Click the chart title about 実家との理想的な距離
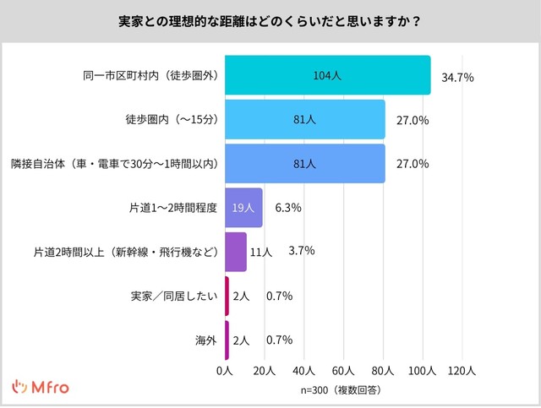[x=270, y=20]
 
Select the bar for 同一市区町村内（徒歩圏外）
[x=327, y=75]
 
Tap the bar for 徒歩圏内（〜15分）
[x=304, y=120]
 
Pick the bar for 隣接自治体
[x=304, y=164]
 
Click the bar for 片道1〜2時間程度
[x=243, y=208]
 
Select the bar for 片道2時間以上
[x=235, y=252]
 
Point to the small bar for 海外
[x=227, y=340]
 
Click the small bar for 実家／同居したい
[x=227, y=296]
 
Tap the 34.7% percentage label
[x=457, y=78]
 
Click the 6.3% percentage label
[x=288, y=208]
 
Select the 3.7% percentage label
[x=301, y=251]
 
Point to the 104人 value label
[x=326, y=75]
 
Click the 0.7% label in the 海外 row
[x=279, y=340]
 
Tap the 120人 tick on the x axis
[x=462, y=371]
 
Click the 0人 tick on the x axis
[x=224, y=371]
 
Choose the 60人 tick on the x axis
[x=343, y=371]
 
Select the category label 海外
[x=206, y=340]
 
